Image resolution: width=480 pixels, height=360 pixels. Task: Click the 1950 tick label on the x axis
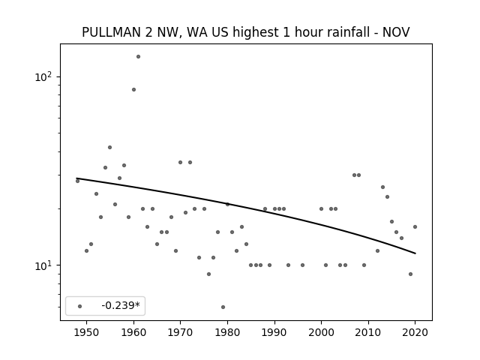pos(87,332)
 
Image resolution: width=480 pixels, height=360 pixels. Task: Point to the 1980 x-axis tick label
pos(227,332)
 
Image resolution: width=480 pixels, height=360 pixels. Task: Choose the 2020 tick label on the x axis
pos(415,332)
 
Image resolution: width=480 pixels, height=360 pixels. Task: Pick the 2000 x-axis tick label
pos(322,332)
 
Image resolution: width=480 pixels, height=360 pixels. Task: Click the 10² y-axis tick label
pos(43,76)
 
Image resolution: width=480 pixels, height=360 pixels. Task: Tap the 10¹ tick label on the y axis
pos(43,265)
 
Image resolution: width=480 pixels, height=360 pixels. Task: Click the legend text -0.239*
pos(121,305)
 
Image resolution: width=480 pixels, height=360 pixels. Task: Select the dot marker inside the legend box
pos(80,306)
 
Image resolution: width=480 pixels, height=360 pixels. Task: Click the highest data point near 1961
pos(138,57)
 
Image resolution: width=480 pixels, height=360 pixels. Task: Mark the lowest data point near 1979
pos(223,307)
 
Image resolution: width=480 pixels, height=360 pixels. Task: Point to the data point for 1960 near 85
pos(133,90)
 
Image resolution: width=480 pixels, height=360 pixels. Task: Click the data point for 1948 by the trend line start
pos(77,181)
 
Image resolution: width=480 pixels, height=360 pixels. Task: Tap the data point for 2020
pos(415,226)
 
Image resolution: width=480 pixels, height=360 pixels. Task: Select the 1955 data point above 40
pos(110,148)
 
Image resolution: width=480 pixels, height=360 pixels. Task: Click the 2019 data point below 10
pos(410,274)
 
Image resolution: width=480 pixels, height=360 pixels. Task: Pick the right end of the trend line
pos(415,253)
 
